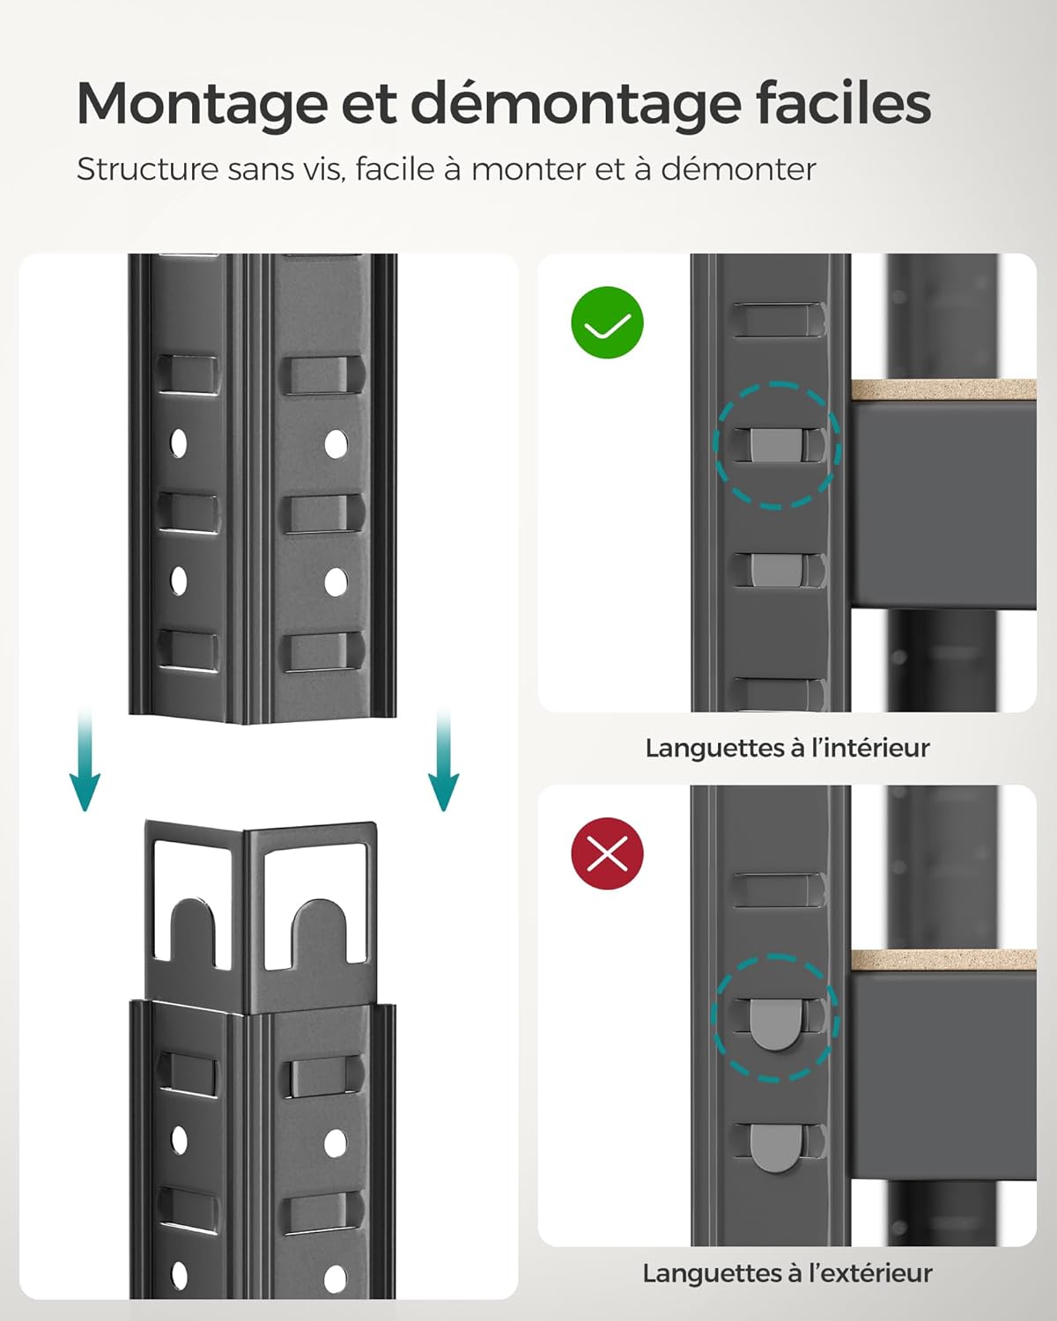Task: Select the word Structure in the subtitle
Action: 147,169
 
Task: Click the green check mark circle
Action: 608,323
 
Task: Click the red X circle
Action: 608,853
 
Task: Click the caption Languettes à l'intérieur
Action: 787,748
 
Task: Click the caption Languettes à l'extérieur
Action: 787,1273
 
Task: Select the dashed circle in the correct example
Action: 777,445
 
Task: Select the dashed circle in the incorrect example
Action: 775,1018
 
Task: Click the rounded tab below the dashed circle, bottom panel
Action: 775,1148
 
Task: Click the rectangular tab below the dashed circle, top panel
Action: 775,570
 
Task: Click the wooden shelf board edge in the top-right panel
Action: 942,389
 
